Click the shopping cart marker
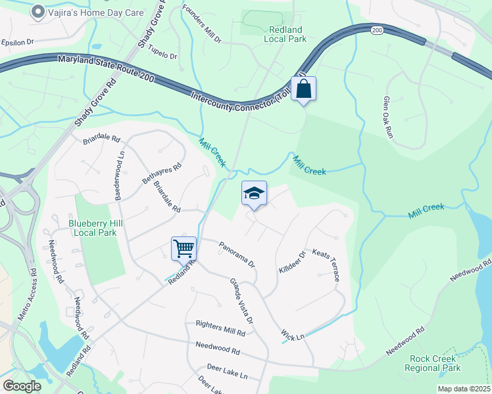coord(184,248)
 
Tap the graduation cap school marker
coord(254,193)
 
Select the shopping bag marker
coord(303,89)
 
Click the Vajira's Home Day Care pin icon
coord(38,11)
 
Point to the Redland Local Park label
coord(285,34)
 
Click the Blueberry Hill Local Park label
coord(93,228)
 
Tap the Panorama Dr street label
coord(237,253)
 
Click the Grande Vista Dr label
coord(241,301)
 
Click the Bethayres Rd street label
coord(161,174)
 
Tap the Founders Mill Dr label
coord(202,26)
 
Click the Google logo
coord(22,386)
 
